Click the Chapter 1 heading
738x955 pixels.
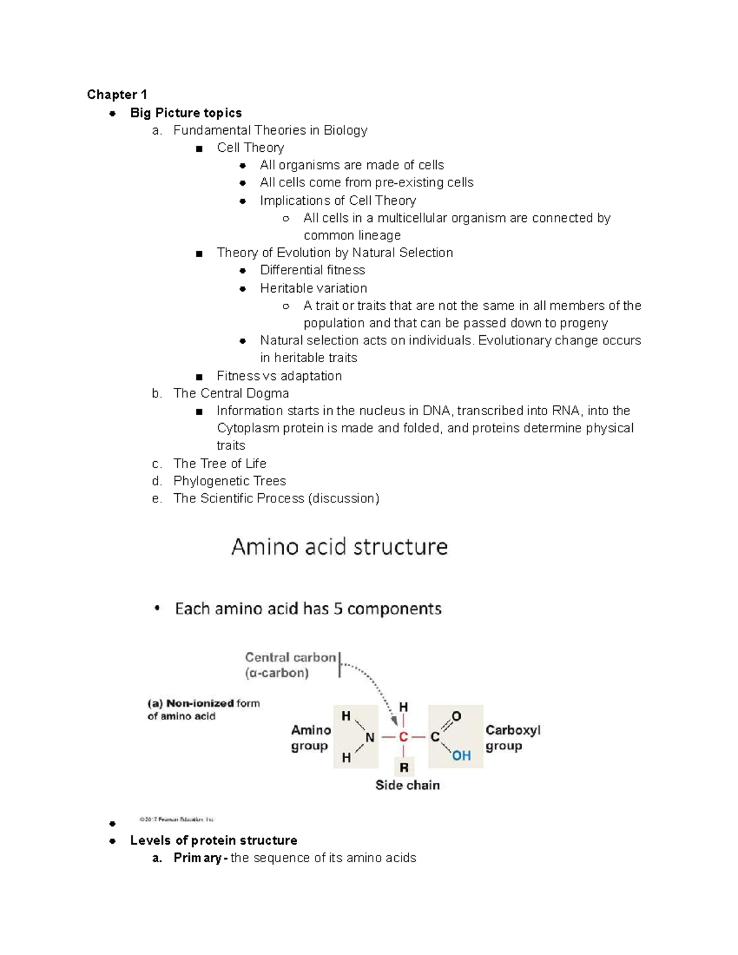coord(117,95)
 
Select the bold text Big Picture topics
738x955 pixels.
coord(186,113)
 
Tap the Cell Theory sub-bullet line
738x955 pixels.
coord(250,148)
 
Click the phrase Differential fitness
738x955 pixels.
coord(312,270)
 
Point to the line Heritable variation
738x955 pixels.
coord(313,288)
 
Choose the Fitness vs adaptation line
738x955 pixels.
coord(279,376)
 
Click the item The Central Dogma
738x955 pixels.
coord(231,393)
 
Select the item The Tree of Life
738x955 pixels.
coord(220,463)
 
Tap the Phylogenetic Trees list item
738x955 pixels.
coord(229,481)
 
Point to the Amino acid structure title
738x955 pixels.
coord(339,547)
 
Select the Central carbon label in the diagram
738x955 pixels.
coord(290,658)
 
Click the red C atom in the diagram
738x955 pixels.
coord(403,737)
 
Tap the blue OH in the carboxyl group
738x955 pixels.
coord(461,755)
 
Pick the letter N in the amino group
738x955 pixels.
coord(370,737)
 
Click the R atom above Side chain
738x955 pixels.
coord(404,767)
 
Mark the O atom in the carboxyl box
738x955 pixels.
coord(456,716)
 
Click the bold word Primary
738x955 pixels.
coord(197,858)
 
